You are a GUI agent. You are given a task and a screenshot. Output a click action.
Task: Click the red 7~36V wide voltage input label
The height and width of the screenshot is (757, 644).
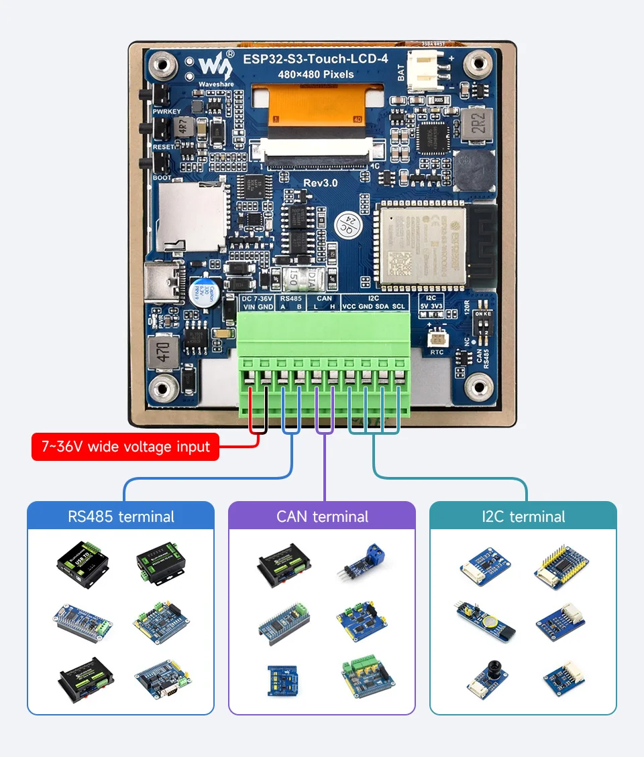[x=125, y=447]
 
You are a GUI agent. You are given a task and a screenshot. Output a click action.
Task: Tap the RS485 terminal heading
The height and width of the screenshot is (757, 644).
[x=121, y=517]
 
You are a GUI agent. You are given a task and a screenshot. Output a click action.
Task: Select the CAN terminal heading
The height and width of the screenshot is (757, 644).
[x=322, y=517]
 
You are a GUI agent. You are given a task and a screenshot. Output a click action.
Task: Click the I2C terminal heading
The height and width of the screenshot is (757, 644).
[x=523, y=517]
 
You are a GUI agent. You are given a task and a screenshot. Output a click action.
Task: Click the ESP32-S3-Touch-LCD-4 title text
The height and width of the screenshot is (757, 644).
[x=315, y=59]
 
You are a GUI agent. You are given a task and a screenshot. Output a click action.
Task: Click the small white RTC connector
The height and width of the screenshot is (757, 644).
[x=437, y=338]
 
